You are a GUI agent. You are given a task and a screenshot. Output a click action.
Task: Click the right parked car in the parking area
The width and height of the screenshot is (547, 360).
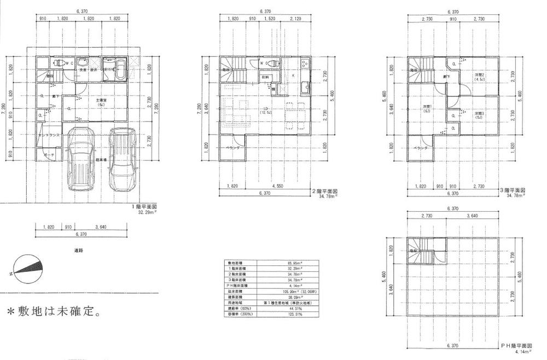[x=121, y=158]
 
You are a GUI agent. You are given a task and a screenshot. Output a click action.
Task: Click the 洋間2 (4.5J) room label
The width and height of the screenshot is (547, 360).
[x=480, y=77]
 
